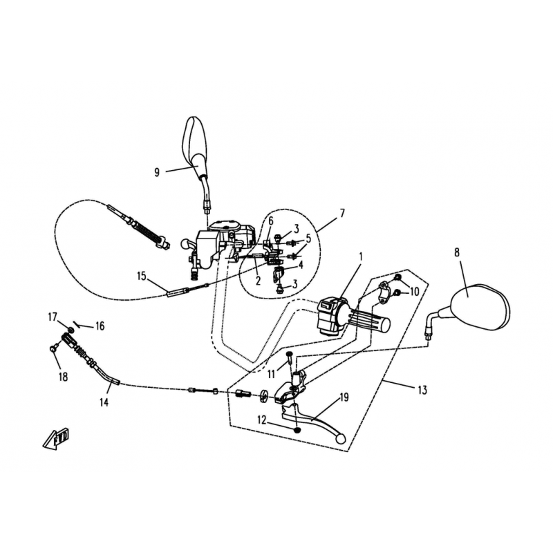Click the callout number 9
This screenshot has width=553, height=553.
(157, 172)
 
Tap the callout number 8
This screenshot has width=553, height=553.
(457, 252)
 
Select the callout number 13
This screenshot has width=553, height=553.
(422, 390)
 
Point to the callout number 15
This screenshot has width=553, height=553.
(142, 276)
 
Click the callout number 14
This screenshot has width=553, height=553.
(104, 402)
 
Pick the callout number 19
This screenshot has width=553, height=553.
(344, 397)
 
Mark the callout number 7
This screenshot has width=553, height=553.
(341, 214)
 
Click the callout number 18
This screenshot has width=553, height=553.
(63, 377)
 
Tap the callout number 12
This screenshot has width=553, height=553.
(262, 420)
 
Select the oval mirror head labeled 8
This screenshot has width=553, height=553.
(480, 306)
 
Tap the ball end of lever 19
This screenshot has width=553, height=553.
(341, 438)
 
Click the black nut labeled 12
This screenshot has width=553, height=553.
(298, 430)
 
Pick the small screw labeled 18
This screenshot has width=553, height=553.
(54, 348)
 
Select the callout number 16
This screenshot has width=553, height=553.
(100, 326)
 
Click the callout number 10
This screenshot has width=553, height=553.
(414, 292)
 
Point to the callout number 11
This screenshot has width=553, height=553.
(271, 374)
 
